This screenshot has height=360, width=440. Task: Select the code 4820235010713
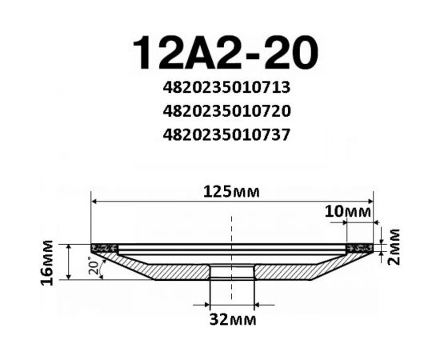(x=225, y=86)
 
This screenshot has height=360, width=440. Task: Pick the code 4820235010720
(x=225, y=110)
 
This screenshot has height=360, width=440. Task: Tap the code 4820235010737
(x=225, y=134)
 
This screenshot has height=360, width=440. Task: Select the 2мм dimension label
(x=393, y=248)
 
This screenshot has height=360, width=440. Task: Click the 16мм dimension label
(x=48, y=262)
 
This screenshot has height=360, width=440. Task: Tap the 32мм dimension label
(x=231, y=320)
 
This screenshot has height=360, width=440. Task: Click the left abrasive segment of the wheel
(x=101, y=248)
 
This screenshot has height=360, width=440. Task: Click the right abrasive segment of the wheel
(x=362, y=248)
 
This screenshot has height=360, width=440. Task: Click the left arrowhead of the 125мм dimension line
(x=94, y=201)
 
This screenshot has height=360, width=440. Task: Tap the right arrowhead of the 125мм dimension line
(x=369, y=201)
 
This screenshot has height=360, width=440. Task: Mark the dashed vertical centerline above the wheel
(x=231, y=228)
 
